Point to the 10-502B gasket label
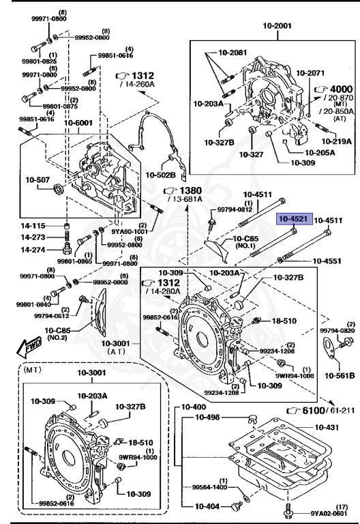[x=160, y=175]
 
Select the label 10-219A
[x=337, y=141]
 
